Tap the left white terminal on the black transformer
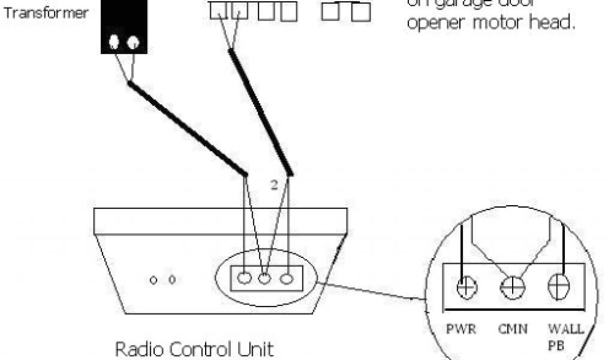pos(115,42)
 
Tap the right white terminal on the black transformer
pos(133,42)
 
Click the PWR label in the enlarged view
pos(460,329)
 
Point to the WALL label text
pos(562,329)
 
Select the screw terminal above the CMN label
pos(513,287)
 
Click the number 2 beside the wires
pos(273,186)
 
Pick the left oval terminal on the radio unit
pos(244,278)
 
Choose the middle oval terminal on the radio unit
pos(266,278)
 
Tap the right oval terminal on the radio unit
pos(287,278)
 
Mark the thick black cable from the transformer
pos(186,129)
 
